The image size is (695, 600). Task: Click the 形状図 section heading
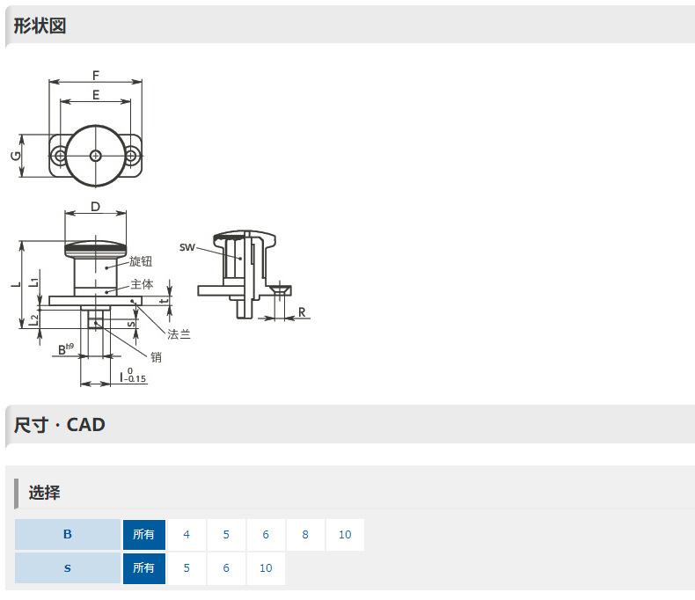[x=40, y=26]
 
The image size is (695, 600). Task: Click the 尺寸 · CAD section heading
[x=60, y=425]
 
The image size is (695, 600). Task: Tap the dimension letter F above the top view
[x=96, y=76]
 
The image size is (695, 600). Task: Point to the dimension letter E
[x=96, y=95]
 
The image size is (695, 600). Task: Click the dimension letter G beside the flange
[x=16, y=156]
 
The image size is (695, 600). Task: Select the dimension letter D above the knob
[x=95, y=207]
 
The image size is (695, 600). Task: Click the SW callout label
[x=187, y=247]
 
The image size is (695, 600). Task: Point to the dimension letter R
[x=302, y=312]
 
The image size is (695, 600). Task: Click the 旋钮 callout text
[x=141, y=261]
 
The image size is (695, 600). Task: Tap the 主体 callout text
[x=142, y=284]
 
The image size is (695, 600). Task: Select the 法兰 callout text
[x=179, y=334]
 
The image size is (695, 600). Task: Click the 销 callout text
[x=156, y=356]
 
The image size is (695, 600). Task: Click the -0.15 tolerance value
[x=135, y=379]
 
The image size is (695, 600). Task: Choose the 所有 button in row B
[x=144, y=534]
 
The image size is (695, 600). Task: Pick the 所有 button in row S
[x=144, y=568]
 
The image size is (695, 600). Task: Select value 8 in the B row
[x=305, y=534]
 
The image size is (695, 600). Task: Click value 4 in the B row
[x=187, y=534]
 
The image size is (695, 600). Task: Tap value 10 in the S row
[x=266, y=568]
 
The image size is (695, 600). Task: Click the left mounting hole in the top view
[x=60, y=156]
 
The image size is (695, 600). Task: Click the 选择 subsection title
[x=44, y=493]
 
